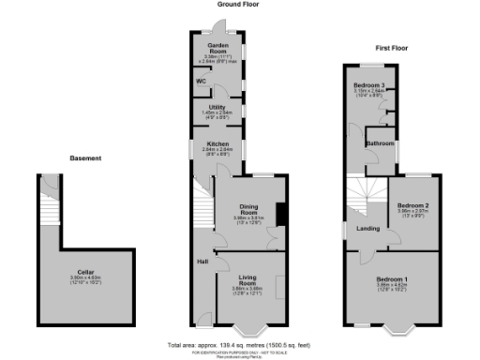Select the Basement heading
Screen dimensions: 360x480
[85, 157]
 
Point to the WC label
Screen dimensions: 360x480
[201, 82]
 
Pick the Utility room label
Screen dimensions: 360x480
[217, 108]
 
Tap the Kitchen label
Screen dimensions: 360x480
[217, 143]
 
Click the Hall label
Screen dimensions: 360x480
[202, 262]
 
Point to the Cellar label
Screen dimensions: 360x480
[85, 274]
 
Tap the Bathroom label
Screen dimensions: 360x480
[380, 143]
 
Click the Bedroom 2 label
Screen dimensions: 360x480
[413, 205]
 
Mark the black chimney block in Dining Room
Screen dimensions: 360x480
[280, 214]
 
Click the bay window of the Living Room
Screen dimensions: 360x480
[249, 329]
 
